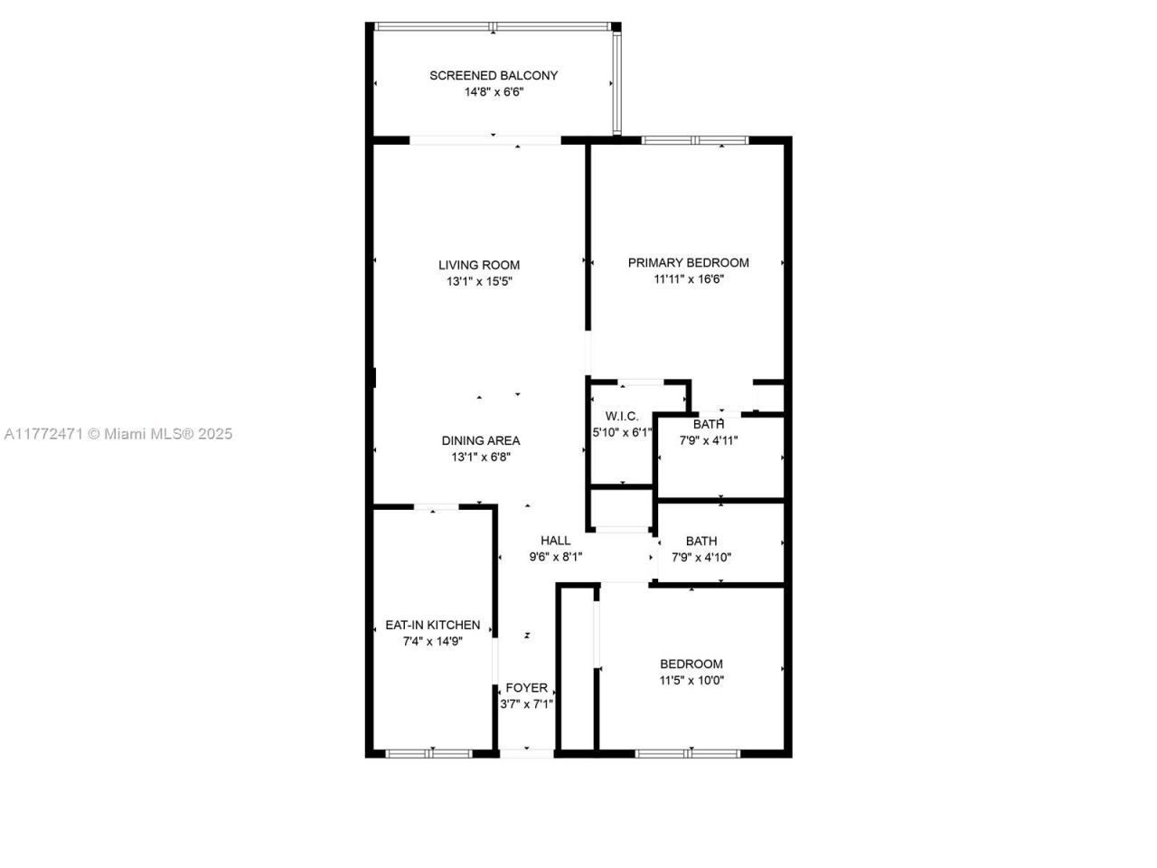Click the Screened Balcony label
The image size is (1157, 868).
pyautogui.click(x=494, y=75)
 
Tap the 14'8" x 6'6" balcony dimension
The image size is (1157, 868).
pyautogui.click(x=494, y=91)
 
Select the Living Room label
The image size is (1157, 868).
pyautogui.click(x=479, y=265)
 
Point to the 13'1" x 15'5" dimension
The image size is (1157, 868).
pyautogui.click(x=479, y=281)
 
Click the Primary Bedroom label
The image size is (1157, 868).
pyautogui.click(x=688, y=262)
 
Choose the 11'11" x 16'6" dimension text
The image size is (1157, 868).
pyautogui.click(x=688, y=279)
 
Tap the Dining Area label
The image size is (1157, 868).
pyautogui.click(x=480, y=440)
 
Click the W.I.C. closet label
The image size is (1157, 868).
pyautogui.click(x=622, y=416)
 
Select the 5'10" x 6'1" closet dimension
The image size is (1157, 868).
pyautogui.click(x=622, y=432)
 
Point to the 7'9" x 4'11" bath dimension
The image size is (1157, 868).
pyautogui.click(x=709, y=441)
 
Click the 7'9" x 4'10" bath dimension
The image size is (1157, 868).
pyautogui.click(x=701, y=557)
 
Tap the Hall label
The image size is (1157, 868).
pyautogui.click(x=556, y=541)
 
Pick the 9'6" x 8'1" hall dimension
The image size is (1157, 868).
pyautogui.click(x=556, y=557)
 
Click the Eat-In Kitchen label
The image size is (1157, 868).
pyautogui.click(x=432, y=625)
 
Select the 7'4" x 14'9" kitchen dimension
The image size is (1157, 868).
pyautogui.click(x=432, y=641)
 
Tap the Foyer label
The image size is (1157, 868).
pyautogui.click(x=526, y=687)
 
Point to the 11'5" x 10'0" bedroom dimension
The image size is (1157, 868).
pyautogui.click(x=691, y=680)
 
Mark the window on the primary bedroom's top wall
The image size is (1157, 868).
pyautogui.click(x=695, y=140)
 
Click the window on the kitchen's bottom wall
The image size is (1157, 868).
pyautogui.click(x=429, y=752)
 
